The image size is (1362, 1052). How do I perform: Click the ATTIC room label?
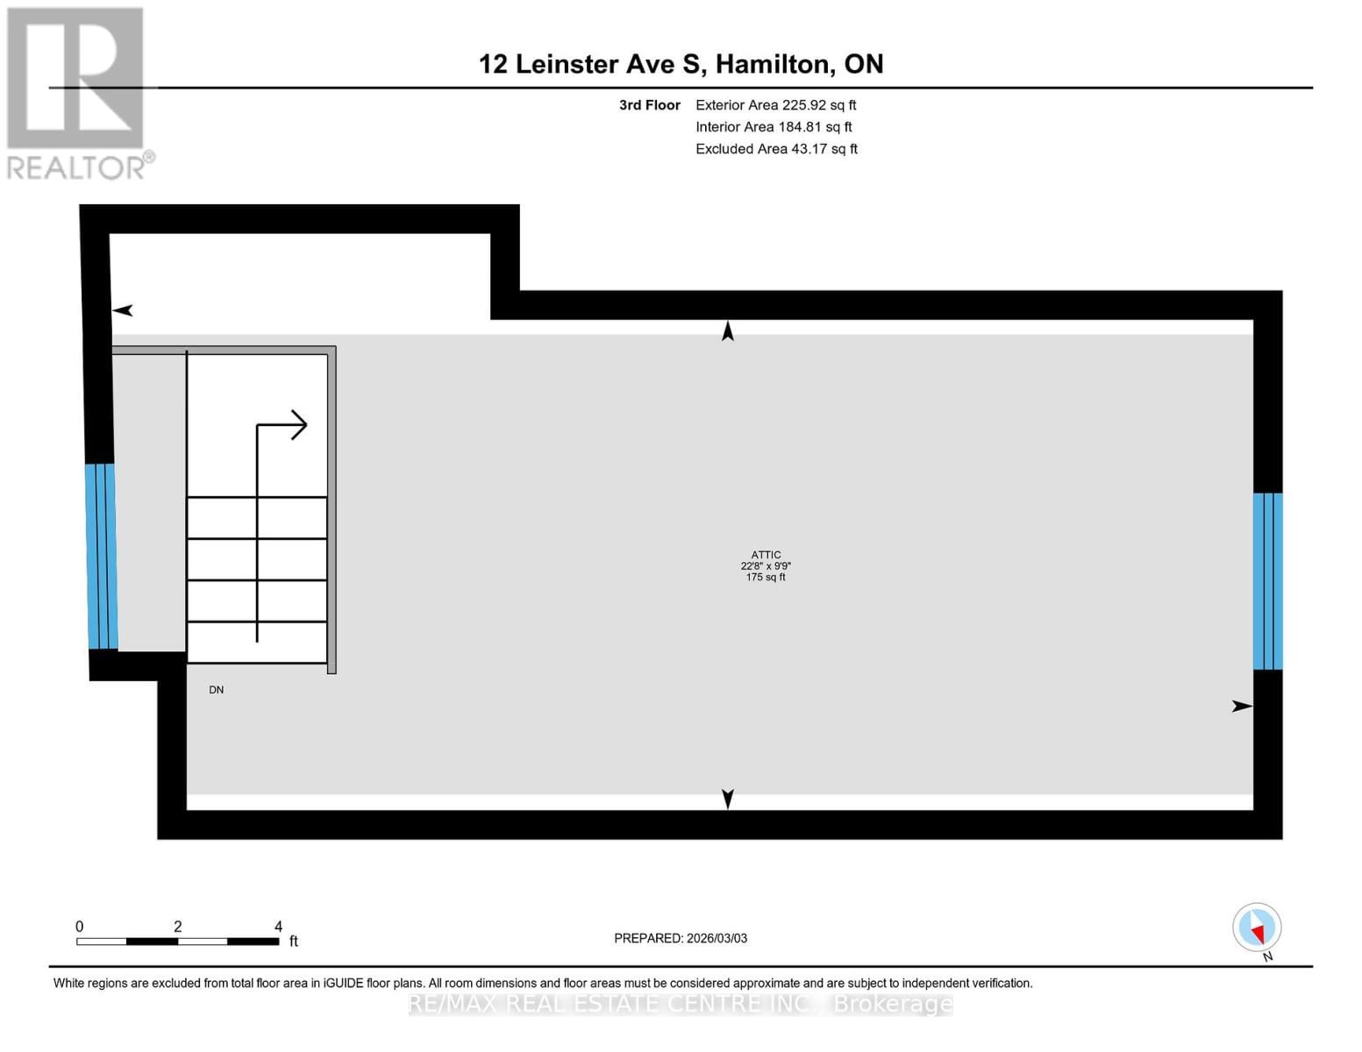pos(766,555)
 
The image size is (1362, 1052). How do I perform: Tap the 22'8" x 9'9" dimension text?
pos(766,566)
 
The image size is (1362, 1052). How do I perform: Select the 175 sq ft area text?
pos(766,578)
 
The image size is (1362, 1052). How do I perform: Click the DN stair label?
pos(217,690)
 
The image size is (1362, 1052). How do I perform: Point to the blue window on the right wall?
pos(1267,581)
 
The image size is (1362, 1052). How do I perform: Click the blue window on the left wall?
pos(102,557)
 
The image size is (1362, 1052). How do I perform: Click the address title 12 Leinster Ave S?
pos(681,64)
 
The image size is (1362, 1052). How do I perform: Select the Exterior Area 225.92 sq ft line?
pos(775,105)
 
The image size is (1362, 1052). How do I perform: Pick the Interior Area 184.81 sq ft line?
pos(774,127)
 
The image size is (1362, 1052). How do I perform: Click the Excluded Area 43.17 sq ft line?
pos(776,149)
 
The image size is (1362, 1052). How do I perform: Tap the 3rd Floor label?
pos(650,105)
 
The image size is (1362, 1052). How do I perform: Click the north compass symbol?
pos(1257,928)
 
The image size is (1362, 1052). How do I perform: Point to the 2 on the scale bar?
pos(178,927)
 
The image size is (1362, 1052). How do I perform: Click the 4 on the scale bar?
pos(278,927)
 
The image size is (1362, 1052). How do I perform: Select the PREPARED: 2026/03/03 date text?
pos(681,938)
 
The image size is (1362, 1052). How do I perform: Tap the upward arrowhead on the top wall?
pos(727,331)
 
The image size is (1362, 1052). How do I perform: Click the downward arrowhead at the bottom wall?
pos(727,799)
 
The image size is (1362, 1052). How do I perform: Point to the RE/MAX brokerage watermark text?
pos(681,1004)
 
